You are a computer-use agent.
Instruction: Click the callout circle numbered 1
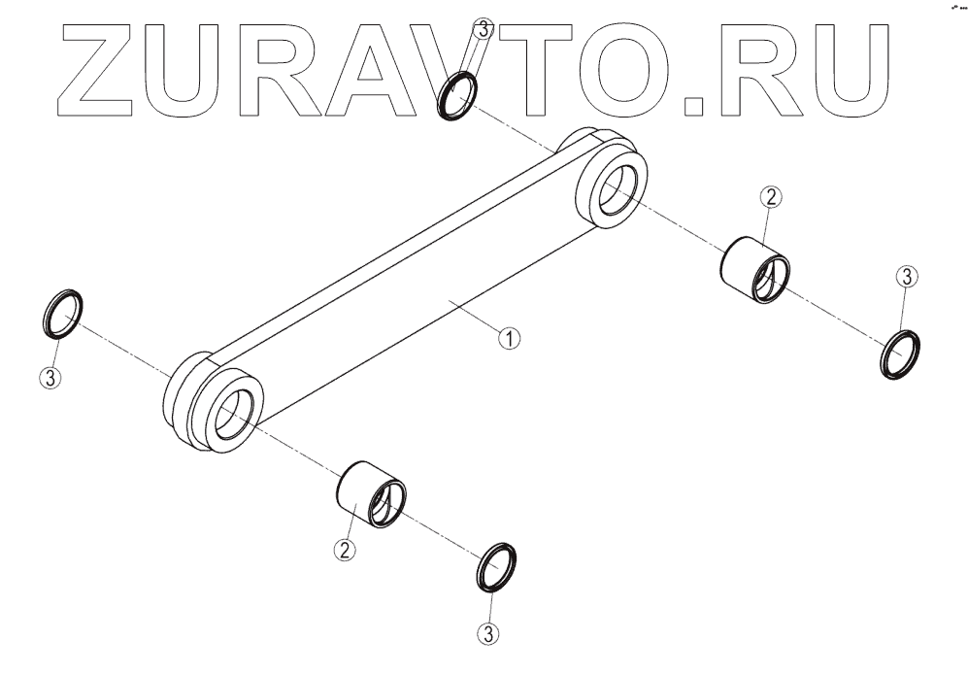pos(510,338)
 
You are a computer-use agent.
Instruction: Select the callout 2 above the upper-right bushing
pos(770,198)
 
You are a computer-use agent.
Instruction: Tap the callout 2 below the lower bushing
pos(344,550)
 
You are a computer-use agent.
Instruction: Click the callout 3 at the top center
pos(483,29)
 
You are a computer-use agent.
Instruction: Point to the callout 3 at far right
pos(904,277)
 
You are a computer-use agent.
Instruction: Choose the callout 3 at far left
pos(51,377)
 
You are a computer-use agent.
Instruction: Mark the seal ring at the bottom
pos(496,566)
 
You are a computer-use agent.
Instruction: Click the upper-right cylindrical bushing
pos(753,269)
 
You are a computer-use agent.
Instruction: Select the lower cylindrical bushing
pos(371,493)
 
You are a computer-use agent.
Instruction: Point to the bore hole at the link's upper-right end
pos(616,190)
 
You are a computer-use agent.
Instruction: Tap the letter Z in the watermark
pos(106,65)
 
